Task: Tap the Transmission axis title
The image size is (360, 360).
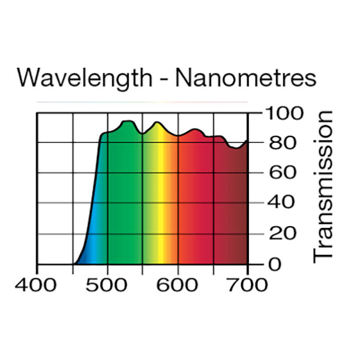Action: (x=323, y=185)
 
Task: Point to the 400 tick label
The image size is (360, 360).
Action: (x=38, y=284)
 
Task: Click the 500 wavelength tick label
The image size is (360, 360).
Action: (x=107, y=284)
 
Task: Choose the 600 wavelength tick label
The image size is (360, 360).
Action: (x=178, y=284)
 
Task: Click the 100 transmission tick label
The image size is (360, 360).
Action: (x=283, y=113)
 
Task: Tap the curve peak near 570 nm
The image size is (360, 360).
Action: (x=157, y=122)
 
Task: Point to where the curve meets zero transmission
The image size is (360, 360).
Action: (x=74, y=263)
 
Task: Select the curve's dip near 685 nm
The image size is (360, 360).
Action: (x=236, y=148)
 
